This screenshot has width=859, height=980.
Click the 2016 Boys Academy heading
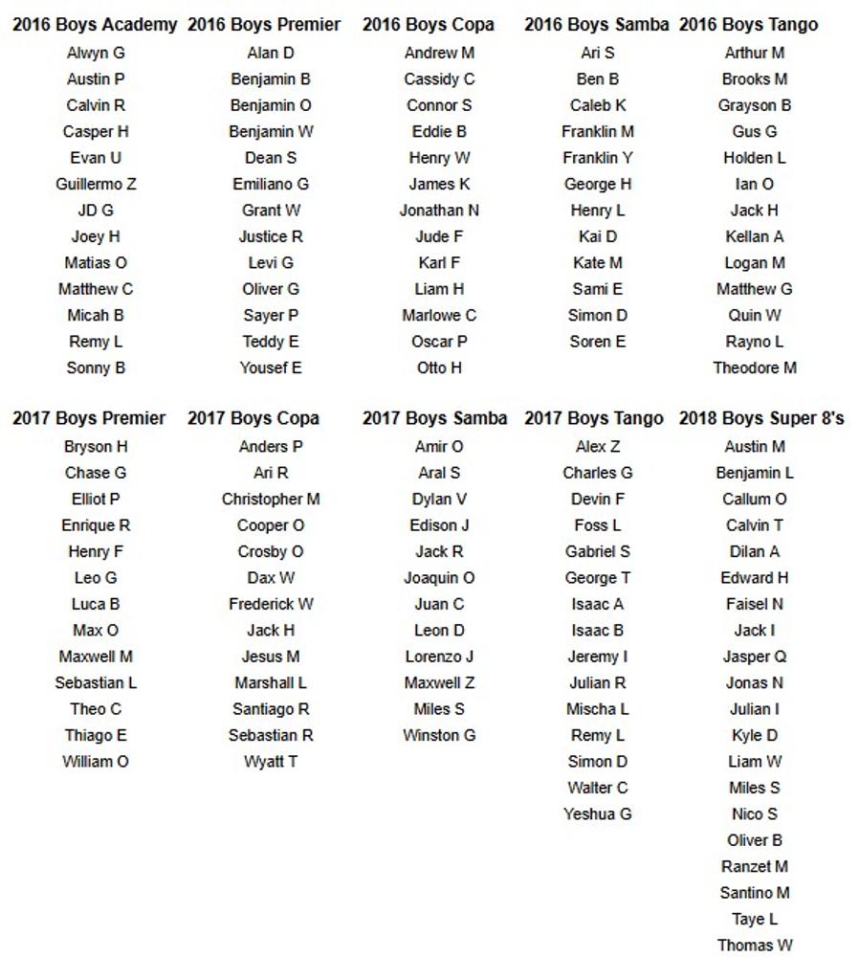(95, 25)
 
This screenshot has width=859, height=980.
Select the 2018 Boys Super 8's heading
(761, 418)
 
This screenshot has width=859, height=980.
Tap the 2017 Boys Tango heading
(593, 418)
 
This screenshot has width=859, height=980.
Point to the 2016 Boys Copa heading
(429, 25)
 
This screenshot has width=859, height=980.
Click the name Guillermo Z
(96, 184)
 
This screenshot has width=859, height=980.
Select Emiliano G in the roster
(271, 184)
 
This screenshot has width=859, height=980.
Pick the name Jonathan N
(439, 211)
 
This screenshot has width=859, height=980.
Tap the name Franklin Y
(598, 158)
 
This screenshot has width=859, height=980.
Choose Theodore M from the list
(755, 367)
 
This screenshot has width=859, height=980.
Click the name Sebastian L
(96, 683)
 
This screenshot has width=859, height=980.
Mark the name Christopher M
(271, 500)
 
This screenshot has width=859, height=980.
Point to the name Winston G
(439, 736)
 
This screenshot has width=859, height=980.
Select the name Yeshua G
(598, 814)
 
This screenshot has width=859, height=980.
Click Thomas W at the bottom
(755, 946)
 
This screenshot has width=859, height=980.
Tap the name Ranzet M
(755, 867)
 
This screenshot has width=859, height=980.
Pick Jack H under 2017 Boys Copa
(271, 631)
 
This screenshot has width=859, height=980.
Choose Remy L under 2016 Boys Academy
(96, 342)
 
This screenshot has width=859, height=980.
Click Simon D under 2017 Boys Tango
(598, 762)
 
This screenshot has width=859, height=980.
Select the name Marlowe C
(439, 315)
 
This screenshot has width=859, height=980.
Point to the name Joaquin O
(439, 578)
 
